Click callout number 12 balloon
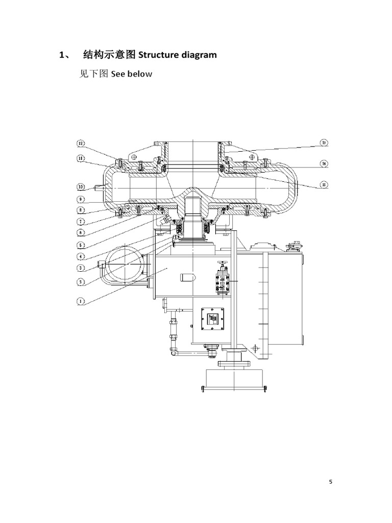tap(81, 143)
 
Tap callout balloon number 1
tap(81, 301)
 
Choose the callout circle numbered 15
tap(324, 184)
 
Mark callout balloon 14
tap(324, 163)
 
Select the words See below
tap(132, 74)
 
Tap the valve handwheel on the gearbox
tap(222, 264)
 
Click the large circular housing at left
tap(122, 264)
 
